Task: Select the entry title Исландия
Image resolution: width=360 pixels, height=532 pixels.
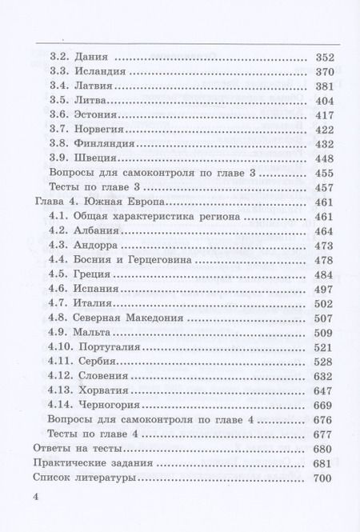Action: coord(99,74)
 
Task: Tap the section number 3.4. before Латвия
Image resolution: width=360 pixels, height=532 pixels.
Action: coord(60,88)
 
